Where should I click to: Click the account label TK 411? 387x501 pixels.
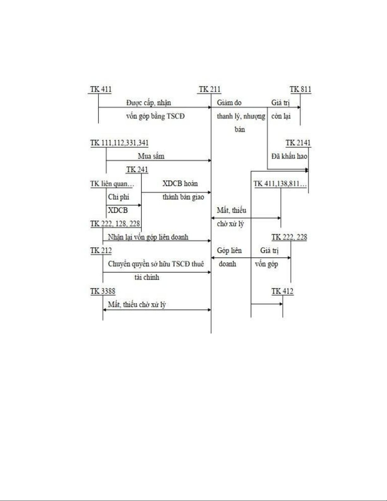101,89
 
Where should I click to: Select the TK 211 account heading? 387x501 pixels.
209,89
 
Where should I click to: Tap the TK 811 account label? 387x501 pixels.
300,89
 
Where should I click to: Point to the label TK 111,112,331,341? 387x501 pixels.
119,143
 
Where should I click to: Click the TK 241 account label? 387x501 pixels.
137,170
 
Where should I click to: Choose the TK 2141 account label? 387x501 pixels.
298,143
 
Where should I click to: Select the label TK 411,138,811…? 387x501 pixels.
280,184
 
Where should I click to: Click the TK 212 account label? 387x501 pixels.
101,251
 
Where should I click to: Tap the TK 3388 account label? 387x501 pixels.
103,291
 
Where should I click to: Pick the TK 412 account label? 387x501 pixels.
282,291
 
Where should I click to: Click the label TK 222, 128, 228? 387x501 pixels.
115,224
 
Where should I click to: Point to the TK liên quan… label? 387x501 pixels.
112,184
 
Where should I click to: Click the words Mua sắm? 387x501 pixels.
151,156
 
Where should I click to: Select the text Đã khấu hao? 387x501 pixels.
289,156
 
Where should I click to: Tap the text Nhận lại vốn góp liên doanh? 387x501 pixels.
148,237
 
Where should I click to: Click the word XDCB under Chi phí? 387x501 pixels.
118,210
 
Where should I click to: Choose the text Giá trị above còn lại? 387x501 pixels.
281,103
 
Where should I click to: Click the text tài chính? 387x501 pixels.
147,278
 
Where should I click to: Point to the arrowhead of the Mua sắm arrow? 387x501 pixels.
209,161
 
